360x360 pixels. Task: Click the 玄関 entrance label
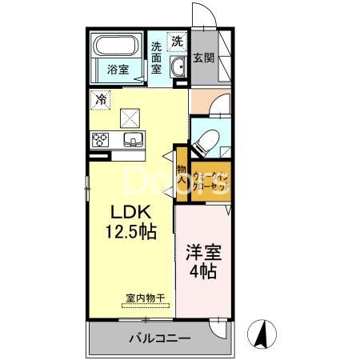[204, 58]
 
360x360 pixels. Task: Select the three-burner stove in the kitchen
[102, 140]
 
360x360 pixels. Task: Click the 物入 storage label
[182, 176]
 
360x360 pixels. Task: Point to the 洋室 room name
[205, 253]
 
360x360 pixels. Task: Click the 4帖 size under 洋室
[205, 272]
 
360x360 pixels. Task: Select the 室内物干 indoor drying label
[145, 300]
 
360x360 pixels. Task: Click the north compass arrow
[260, 332]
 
